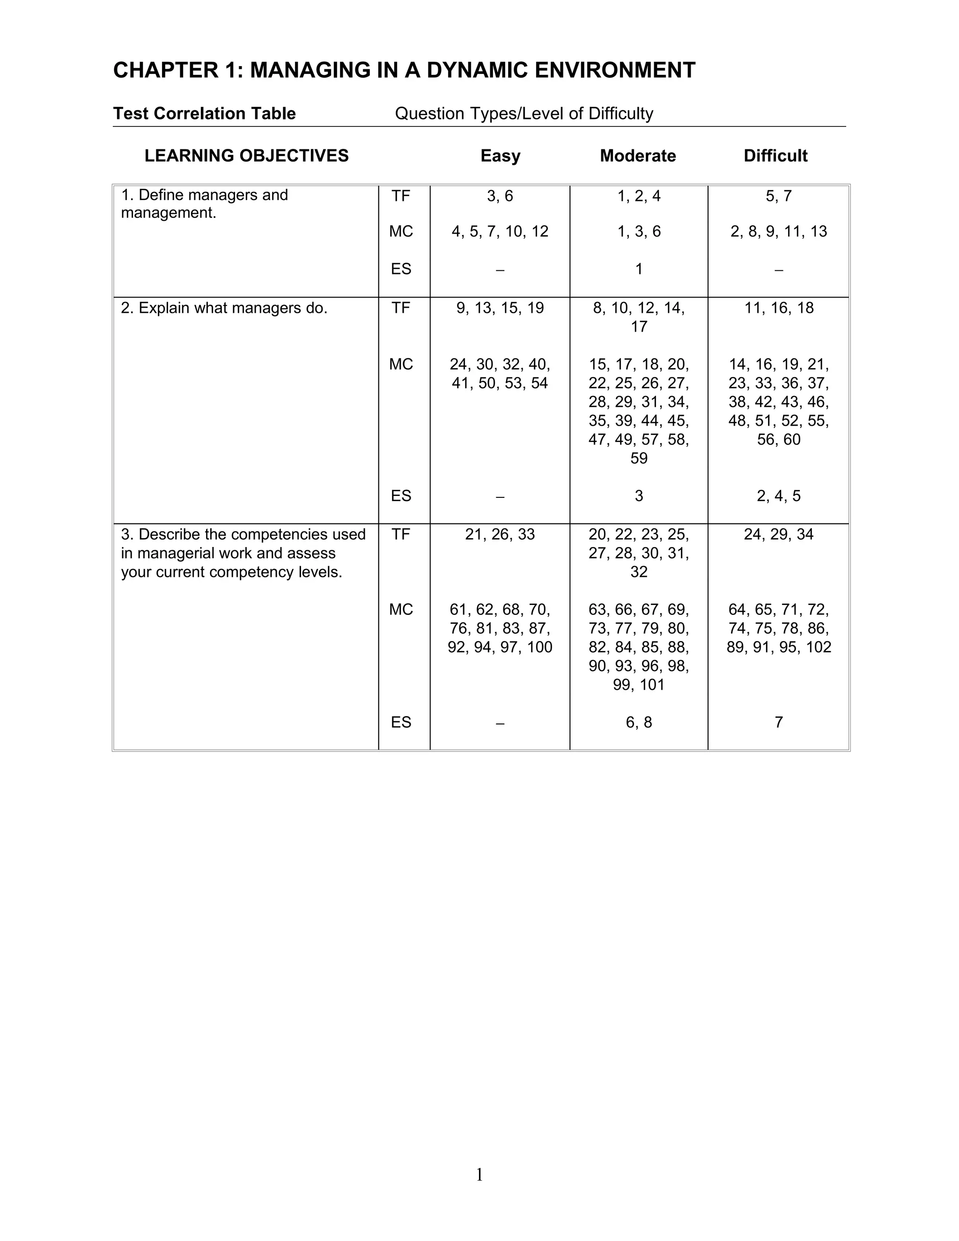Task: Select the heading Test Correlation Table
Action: [x=204, y=114]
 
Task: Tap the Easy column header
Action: [x=500, y=155]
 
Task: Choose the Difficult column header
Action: [x=775, y=155]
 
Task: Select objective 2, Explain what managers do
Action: [x=224, y=308]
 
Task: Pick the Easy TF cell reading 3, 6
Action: [x=500, y=196]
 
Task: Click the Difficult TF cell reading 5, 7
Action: [x=778, y=196]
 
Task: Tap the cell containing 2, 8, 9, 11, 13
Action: [x=778, y=231]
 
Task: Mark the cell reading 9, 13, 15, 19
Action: [x=500, y=308]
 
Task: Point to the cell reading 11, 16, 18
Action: [x=778, y=308]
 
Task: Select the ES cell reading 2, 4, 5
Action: [x=778, y=496]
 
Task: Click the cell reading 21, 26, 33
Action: [x=500, y=534]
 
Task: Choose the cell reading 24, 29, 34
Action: [x=778, y=534]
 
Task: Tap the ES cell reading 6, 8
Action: [x=639, y=722]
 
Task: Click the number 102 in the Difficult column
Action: [x=818, y=647]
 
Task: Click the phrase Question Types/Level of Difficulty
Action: [x=524, y=114]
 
